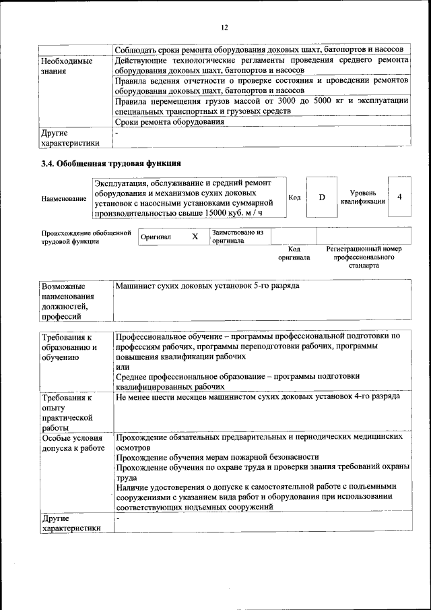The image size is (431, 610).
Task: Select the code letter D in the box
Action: [322, 197]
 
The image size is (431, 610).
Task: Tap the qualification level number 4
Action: [399, 197]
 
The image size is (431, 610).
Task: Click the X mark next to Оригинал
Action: [195, 237]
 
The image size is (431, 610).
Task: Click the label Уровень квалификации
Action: [362, 197]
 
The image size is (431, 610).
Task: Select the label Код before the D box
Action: [294, 197]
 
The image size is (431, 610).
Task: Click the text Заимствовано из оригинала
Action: [236, 237]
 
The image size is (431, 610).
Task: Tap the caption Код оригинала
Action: [294, 253]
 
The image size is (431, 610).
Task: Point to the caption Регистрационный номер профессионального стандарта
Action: [364, 257]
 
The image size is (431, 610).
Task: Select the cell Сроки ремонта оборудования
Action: [169, 122]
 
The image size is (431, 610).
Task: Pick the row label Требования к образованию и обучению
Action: [69, 347]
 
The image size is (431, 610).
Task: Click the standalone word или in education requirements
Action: [122, 367]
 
